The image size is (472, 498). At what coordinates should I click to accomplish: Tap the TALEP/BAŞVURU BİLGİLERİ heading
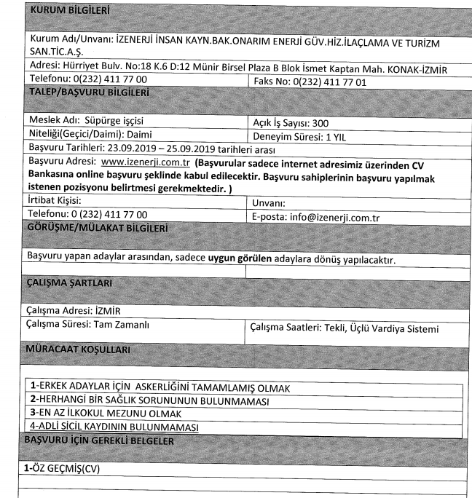88,94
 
